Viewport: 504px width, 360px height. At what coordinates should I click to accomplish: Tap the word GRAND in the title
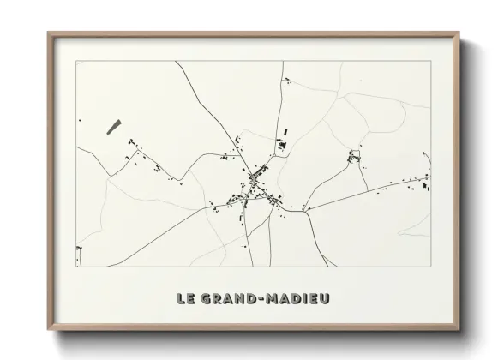(226, 299)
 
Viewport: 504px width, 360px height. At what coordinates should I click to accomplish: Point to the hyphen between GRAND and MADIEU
(261, 299)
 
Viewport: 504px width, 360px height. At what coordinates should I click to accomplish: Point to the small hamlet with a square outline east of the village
(354, 157)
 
